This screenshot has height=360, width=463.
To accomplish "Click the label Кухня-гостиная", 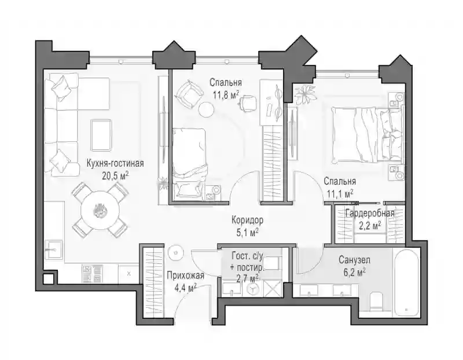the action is pyautogui.click(x=115, y=163).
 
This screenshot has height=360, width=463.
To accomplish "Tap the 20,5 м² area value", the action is pyautogui.click(x=115, y=176).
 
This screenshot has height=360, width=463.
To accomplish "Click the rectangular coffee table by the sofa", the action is pyautogui.click(x=101, y=135).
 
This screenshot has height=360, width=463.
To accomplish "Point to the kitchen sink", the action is pyautogui.click(x=53, y=250).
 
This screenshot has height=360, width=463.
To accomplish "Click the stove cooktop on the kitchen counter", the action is pyautogui.click(x=91, y=274).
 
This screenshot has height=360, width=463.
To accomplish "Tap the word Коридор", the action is pyautogui.click(x=248, y=221).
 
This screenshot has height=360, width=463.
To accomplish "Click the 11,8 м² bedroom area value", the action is pyautogui.click(x=226, y=95).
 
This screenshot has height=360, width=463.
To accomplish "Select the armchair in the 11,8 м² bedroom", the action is pyautogui.click(x=189, y=94).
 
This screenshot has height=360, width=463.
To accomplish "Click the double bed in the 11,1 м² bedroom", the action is pyautogui.click(x=367, y=135).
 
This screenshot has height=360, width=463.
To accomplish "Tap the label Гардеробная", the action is pyautogui.click(x=370, y=213).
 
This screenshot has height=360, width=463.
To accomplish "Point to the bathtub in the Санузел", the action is pyautogui.click(x=406, y=283).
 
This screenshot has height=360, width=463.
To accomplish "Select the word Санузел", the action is pyautogui.click(x=354, y=260).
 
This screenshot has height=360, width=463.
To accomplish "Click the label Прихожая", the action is pyautogui.click(x=185, y=275).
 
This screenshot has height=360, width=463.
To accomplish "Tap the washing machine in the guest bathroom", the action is pyautogui.click(x=252, y=288).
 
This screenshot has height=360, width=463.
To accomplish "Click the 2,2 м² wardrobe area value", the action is pyautogui.click(x=370, y=226).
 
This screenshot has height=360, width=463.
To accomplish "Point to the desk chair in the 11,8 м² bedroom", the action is pyautogui.click(x=248, y=102).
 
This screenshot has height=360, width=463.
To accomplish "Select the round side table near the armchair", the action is pyautogui.click(x=206, y=109).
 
